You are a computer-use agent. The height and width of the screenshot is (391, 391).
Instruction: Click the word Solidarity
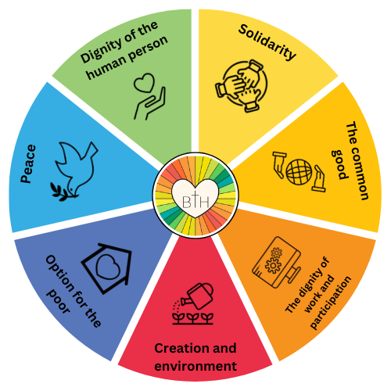pos(267,41)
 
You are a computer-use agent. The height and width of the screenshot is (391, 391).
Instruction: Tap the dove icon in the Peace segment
pos(74,170)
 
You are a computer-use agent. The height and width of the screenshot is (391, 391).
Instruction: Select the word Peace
pos(28,163)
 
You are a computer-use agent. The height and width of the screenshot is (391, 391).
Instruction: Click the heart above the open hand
pos(144,82)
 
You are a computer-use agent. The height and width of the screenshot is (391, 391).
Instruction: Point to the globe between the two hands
pos(299,172)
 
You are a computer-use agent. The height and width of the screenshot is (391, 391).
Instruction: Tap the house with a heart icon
pos(107,268)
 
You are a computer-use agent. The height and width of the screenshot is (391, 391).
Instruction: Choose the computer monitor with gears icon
pos(277,263)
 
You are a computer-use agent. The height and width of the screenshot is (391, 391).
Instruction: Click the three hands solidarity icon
pos(242,86)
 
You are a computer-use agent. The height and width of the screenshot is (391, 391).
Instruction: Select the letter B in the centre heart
pos(187,202)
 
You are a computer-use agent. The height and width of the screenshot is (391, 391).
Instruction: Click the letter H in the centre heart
pos(204,202)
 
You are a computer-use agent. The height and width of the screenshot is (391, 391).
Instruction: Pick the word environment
pos(195,366)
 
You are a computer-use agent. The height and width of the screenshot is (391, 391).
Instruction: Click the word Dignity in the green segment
pos(101,52)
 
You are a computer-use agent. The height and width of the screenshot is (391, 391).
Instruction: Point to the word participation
pos(331,303)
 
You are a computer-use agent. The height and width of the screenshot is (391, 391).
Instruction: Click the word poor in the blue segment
pos(58,302)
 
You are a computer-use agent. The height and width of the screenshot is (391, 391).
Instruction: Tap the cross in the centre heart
pos(195,199)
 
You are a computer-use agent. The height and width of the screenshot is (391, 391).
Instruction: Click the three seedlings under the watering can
pos(193,318)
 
